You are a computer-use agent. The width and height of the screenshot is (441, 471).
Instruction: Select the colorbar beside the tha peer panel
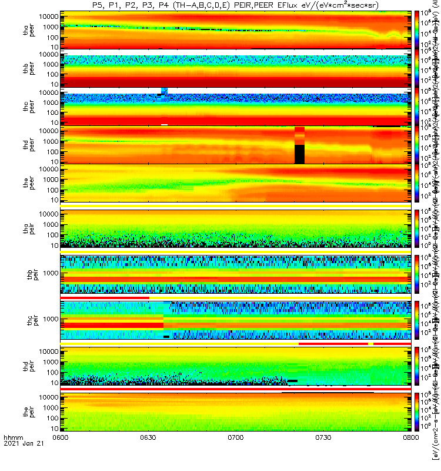tap(417, 29)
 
